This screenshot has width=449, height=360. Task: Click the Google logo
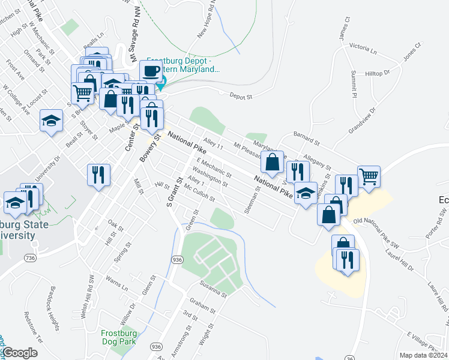[21, 353]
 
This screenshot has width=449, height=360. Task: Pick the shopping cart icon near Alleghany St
[369, 176]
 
